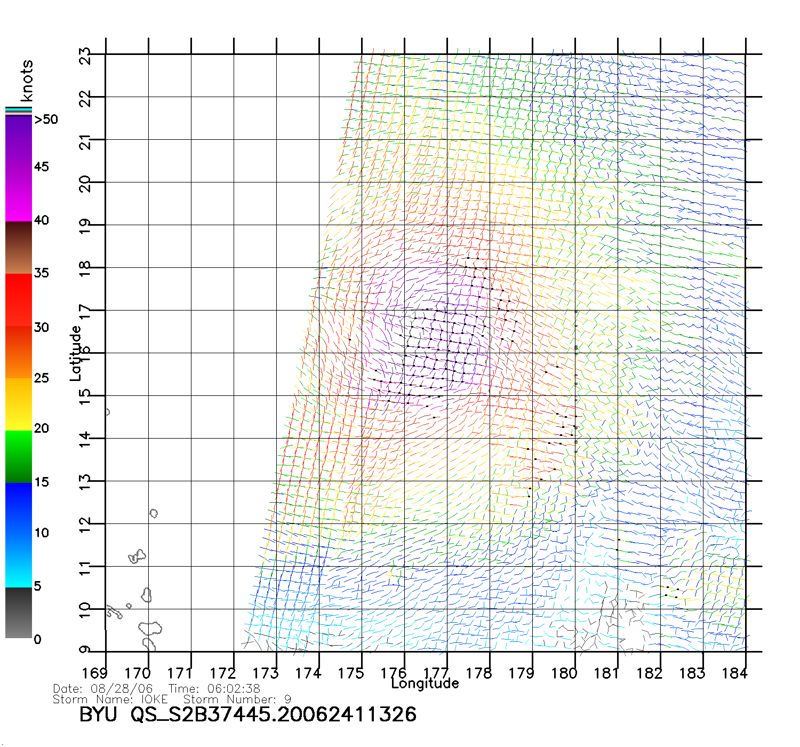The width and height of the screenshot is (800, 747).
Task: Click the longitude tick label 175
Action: point(350,673)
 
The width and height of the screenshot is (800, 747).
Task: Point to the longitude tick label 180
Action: point(564,673)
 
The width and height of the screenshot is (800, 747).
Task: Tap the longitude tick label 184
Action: point(734,673)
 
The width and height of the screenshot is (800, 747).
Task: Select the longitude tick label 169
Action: point(94,673)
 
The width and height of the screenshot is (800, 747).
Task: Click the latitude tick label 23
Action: point(85,56)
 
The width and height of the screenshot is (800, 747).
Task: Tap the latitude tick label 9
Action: point(85,649)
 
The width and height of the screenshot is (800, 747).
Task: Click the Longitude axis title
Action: point(425,684)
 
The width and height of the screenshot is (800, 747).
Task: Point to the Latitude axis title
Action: point(76,353)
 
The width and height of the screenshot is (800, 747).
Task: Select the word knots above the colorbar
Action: point(26,81)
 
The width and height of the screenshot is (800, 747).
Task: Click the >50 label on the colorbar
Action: point(46,120)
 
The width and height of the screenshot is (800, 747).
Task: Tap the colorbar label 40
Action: point(41,220)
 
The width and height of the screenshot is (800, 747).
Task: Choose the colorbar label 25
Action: point(41,378)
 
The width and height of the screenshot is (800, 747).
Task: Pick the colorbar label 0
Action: point(37,639)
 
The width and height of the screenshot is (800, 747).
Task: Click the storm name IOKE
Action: point(154,699)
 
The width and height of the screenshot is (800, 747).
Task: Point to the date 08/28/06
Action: point(122,689)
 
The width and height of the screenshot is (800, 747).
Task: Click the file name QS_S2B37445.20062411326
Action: point(274,714)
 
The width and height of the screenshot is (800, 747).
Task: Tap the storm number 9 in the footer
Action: point(288,699)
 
